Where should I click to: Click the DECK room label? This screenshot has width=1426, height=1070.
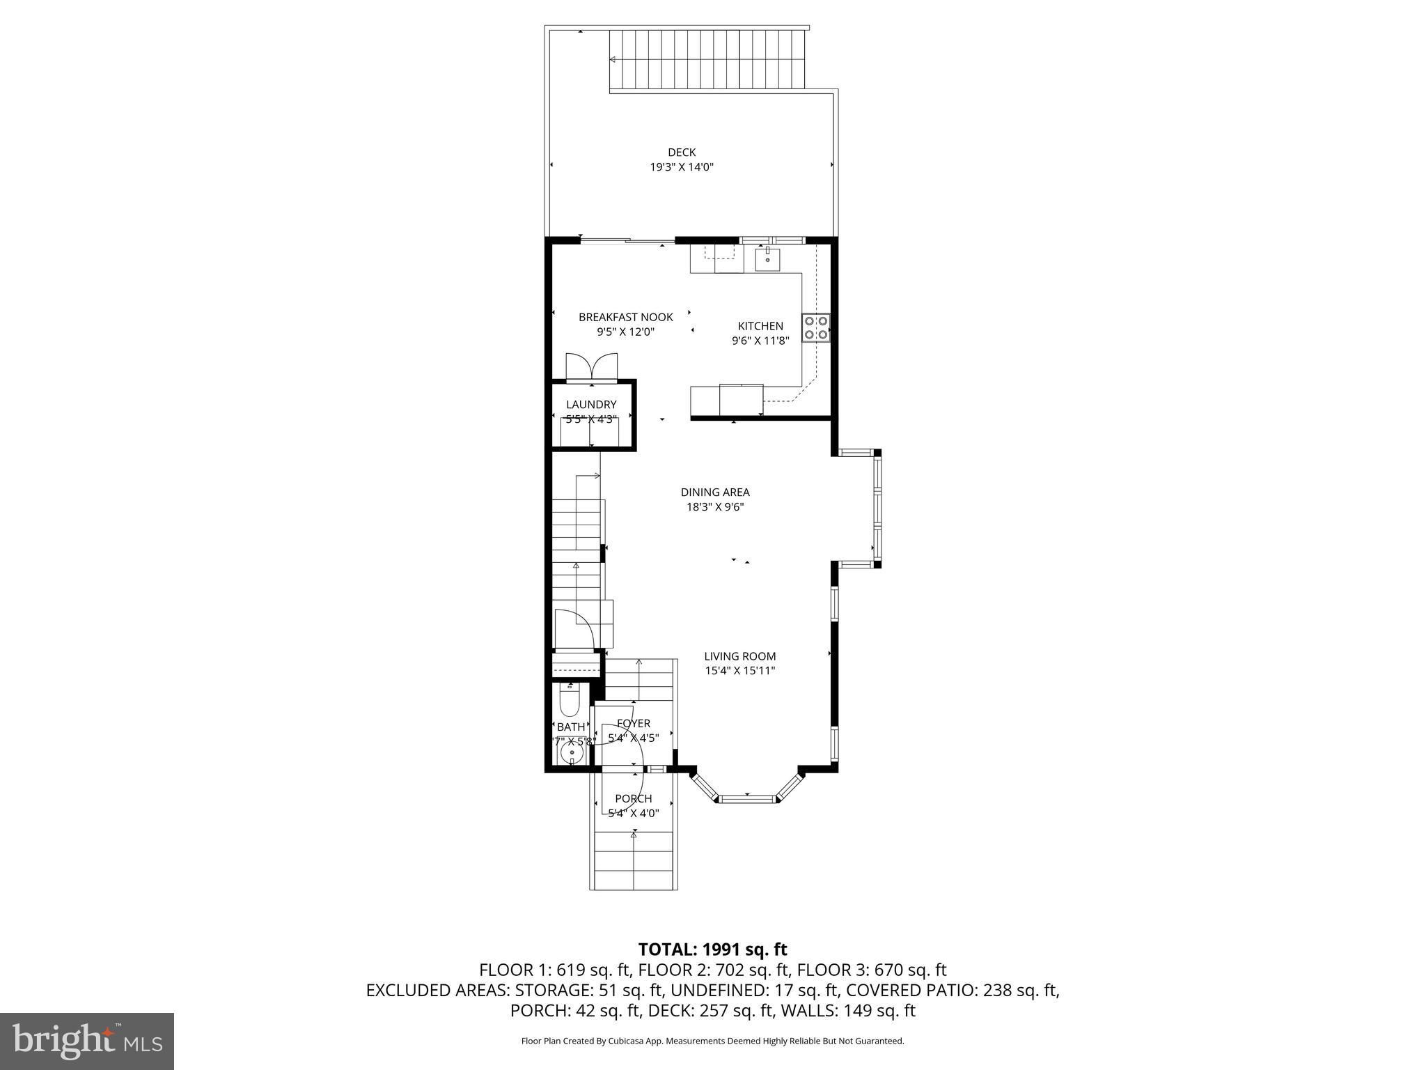(x=681, y=152)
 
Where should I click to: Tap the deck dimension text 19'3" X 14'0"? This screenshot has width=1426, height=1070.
(x=681, y=167)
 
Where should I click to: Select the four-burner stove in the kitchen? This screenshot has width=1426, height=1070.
(x=815, y=327)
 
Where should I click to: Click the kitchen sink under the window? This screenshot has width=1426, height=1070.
(x=767, y=259)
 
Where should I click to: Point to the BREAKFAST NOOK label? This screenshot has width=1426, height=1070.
(x=625, y=317)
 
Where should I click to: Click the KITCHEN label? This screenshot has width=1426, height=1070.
(x=760, y=325)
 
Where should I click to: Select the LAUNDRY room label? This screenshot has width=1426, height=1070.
(x=590, y=404)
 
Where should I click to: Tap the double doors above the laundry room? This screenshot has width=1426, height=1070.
(x=591, y=366)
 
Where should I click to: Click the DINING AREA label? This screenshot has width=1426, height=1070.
(x=714, y=492)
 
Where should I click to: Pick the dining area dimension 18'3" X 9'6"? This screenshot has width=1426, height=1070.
(x=714, y=507)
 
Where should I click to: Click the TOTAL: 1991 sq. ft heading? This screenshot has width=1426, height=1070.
(x=712, y=949)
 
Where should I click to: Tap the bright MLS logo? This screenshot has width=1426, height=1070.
(x=87, y=1041)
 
